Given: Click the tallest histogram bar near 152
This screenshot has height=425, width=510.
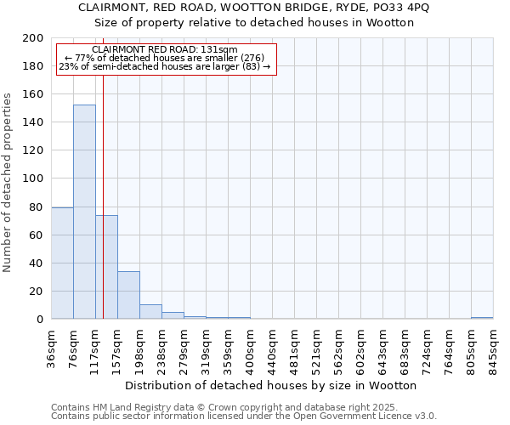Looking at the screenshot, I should point(84,212).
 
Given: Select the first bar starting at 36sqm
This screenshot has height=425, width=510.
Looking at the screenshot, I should point(62,263).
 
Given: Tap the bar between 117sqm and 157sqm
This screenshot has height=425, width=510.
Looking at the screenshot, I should point(106,267).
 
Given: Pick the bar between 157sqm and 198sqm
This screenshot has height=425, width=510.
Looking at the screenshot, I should point(128,295).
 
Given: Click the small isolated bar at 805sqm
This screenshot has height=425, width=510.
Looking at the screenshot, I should point(482,318).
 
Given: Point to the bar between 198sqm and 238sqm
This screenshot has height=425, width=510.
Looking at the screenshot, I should point(150,312).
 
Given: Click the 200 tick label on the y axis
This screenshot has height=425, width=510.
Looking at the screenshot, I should point(32,38).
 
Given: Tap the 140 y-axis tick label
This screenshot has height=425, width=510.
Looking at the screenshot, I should point(32,122).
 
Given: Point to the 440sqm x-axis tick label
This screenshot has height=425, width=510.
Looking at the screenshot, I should point(273,346).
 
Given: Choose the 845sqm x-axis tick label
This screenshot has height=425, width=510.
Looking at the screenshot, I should point(493,346).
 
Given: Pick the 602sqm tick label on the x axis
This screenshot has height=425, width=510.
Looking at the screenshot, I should point(361,346).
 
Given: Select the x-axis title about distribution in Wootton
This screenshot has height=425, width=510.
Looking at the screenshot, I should point(276,385).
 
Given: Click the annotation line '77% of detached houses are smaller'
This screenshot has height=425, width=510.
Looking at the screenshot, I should point(165,58).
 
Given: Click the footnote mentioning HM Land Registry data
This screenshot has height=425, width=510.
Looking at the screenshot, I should point(201,408).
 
